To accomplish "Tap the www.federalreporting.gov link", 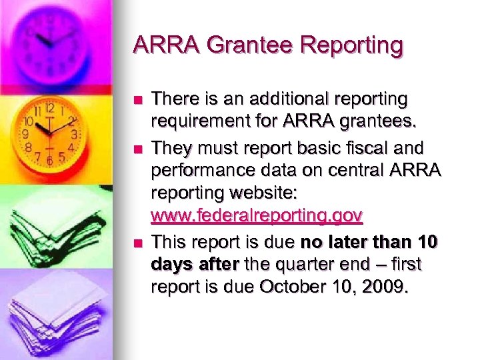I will (257, 215).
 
